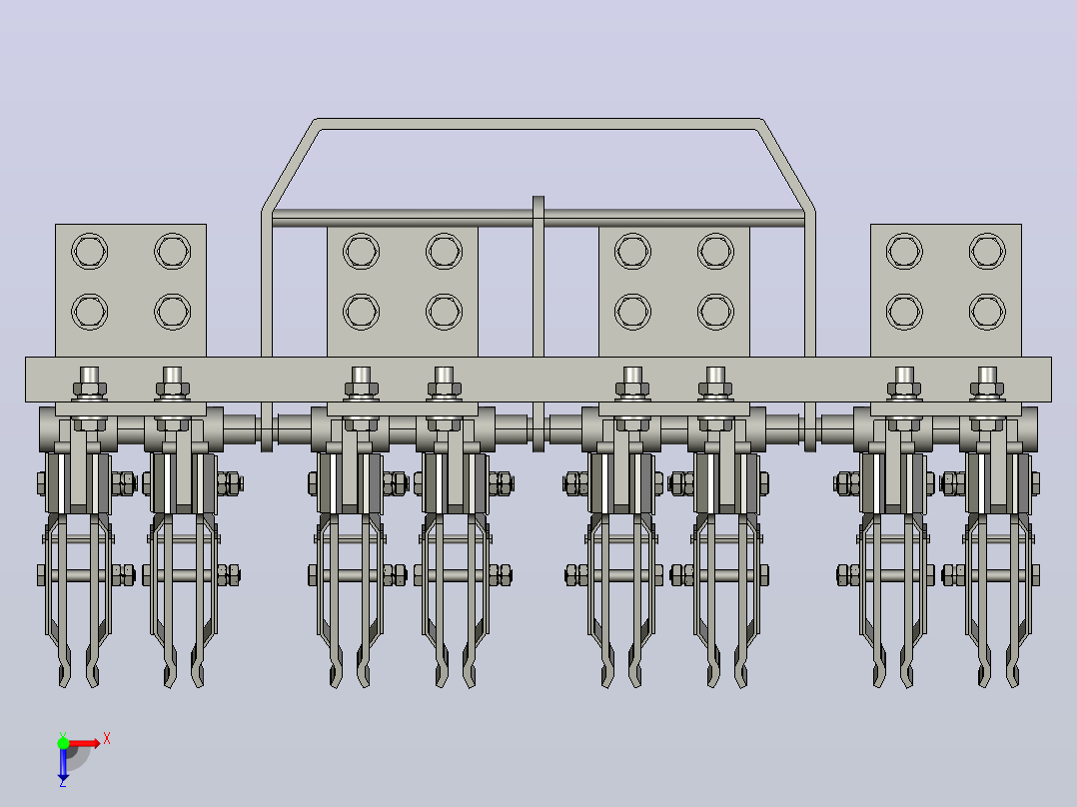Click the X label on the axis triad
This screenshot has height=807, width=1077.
(x=107, y=739)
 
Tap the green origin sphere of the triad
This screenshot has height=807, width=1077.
(x=63, y=743)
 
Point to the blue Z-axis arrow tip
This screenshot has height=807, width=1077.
(x=63, y=780)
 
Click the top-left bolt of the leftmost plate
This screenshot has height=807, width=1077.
(x=89, y=251)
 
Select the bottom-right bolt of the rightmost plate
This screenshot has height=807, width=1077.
(x=987, y=312)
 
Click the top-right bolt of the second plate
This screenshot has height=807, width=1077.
(x=444, y=251)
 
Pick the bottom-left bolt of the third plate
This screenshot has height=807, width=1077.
(x=632, y=312)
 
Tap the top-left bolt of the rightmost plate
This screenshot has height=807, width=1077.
(x=904, y=251)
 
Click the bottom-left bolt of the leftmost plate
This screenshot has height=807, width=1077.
(x=89, y=312)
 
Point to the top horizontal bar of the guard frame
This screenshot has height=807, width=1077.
(x=538, y=124)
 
